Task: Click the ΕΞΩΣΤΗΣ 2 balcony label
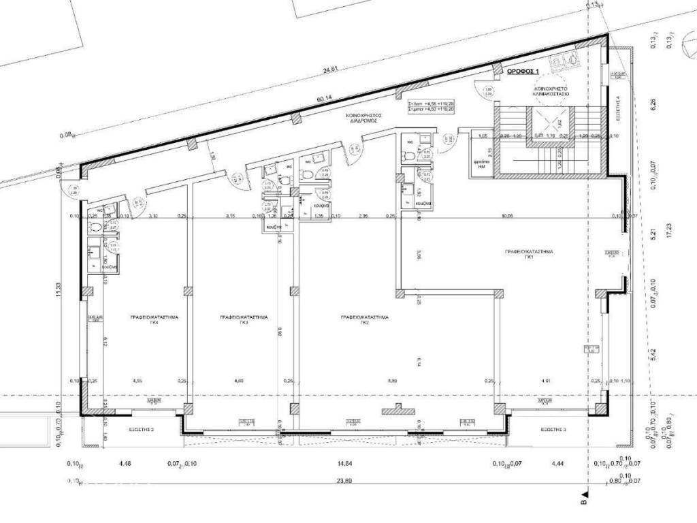[x=142, y=430]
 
